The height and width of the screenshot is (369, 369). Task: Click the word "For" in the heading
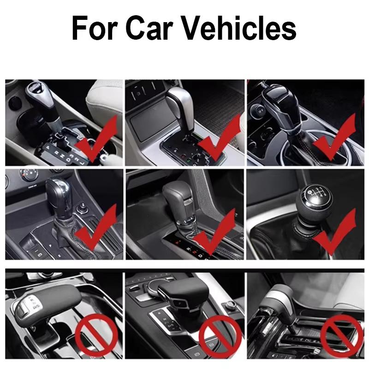(x=95, y=28)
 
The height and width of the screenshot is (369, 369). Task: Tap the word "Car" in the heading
(x=151, y=28)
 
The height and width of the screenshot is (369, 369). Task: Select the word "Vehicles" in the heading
(x=238, y=28)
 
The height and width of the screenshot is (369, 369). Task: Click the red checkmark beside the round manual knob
(x=334, y=232)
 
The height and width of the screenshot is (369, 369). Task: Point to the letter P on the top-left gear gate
(x=48, y=147)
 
